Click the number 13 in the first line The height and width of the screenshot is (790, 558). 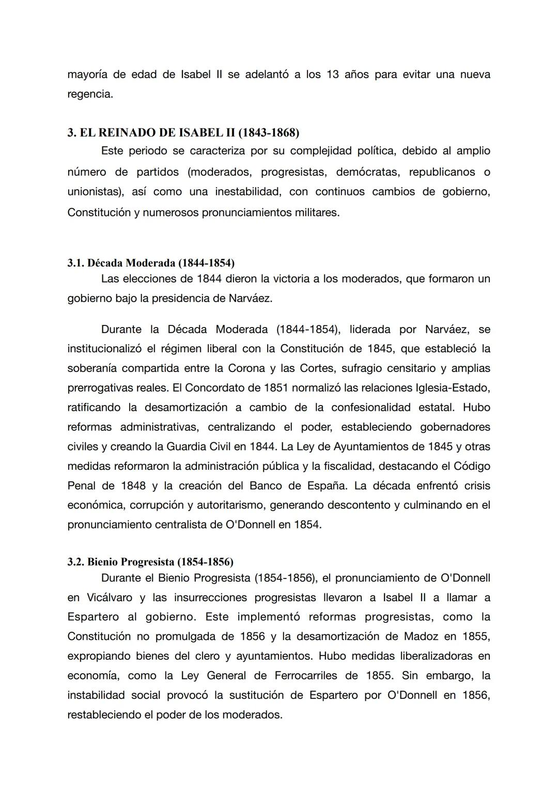pos(332,74)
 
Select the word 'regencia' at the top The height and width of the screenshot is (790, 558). pos(89,95)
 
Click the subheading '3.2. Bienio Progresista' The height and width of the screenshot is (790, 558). pos(150,562)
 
